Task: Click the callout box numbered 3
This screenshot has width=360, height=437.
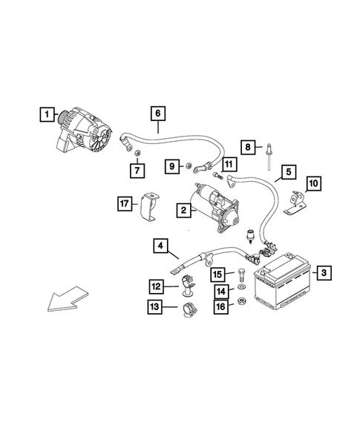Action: point(324,274)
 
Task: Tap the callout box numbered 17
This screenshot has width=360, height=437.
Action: point(125,202)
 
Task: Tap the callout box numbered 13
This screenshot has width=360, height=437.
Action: point(155,307)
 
